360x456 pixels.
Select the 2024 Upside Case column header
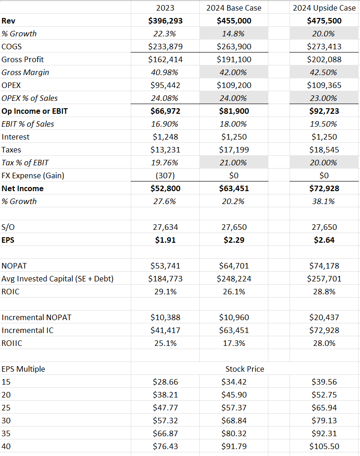point(324,8)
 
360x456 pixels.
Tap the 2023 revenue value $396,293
point(165,21)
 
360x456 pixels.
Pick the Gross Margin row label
point(25,72)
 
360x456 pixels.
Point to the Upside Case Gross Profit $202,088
point(324,59)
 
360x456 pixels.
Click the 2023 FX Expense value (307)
point(165,175)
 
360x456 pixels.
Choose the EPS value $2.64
point(324,240)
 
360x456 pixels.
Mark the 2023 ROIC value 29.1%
point(165,292)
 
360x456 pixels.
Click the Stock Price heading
point(244,369)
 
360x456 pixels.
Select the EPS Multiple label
point(23,369)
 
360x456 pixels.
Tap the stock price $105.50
point(324,446)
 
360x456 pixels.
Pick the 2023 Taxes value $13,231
point(165,150)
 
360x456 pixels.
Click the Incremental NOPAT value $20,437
point(324,317)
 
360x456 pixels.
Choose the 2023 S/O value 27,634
point(165,227)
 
